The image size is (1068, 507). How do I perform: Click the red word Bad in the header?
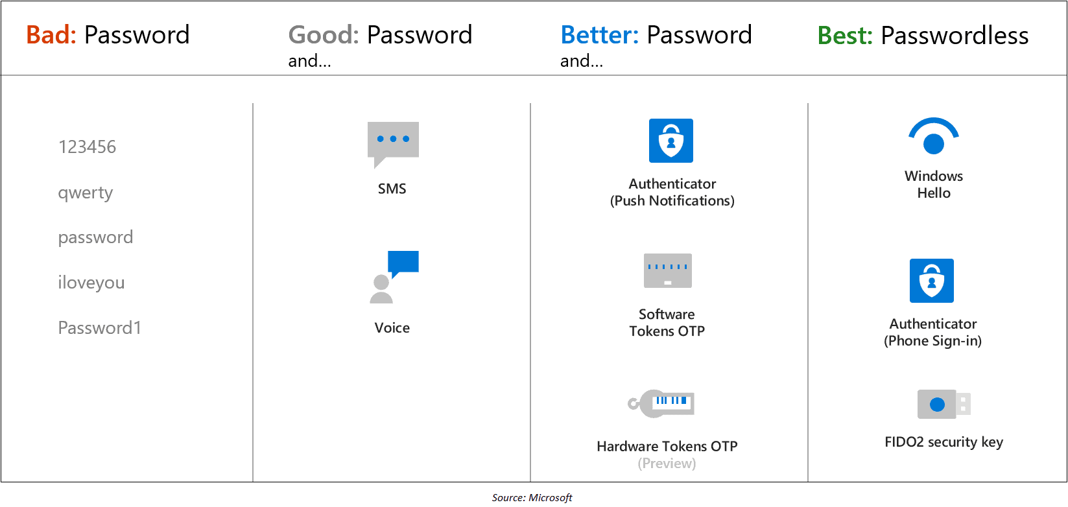coord(51,35)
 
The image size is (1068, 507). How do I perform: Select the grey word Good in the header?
coord(323,35)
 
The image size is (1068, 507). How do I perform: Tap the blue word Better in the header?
coord(599,35)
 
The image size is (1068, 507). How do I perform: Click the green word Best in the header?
coord(844,36)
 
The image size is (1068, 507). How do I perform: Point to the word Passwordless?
coord(955,36)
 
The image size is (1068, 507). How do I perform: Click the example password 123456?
coord(87,147)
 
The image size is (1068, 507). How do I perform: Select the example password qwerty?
coord(85,193)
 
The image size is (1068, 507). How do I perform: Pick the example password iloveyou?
coord(91,283)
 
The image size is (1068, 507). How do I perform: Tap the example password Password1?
coord(99,328)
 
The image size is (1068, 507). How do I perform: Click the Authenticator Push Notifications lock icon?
coord(671,141)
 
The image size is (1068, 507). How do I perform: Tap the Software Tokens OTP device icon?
coord(667,270)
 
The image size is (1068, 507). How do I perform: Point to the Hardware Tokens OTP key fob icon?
coord(662,403)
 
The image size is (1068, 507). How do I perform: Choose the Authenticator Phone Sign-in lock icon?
coord(931,281)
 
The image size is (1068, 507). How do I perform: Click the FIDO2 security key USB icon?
coord(943,405)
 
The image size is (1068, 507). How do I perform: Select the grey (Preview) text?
coord(667,464)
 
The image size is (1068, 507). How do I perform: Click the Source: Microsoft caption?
coord(532,498)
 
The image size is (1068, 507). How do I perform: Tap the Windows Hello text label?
coord(933,185)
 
